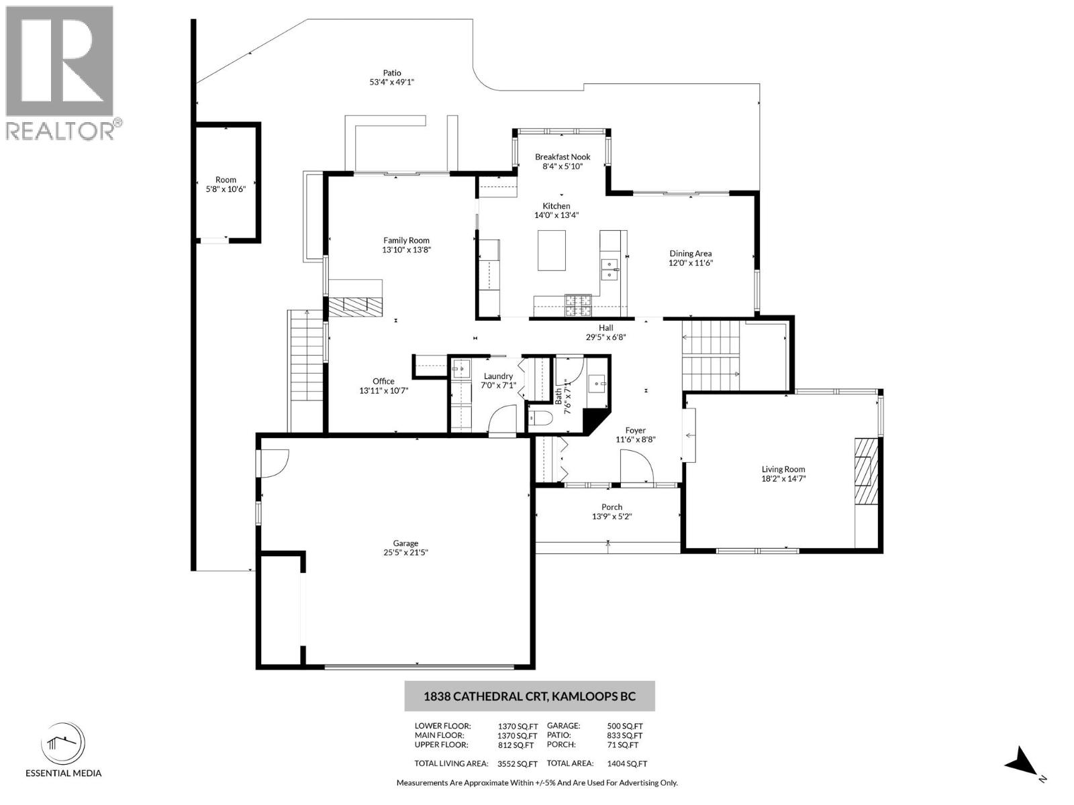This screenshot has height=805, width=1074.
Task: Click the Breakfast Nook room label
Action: coord(563,157)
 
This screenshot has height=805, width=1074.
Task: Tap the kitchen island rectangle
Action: coord(551,250)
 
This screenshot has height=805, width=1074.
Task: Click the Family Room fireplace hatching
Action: coord(355,307)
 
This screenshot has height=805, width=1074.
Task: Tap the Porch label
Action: coord(612,507)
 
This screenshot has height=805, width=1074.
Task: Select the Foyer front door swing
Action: coord(636,466)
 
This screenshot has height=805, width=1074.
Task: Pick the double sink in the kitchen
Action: coord(609,269)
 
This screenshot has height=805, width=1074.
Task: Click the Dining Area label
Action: coord(690,254)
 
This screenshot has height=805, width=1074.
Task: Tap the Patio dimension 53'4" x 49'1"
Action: coord(392,83)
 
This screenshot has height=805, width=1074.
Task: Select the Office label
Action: coord(383,381)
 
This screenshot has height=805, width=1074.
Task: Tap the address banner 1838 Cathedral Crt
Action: coord(529,696)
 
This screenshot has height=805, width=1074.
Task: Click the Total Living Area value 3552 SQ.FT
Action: coord(518,763)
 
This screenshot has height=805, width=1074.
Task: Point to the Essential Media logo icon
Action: coord(63,743)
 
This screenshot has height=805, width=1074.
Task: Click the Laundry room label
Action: coord(498,376)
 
